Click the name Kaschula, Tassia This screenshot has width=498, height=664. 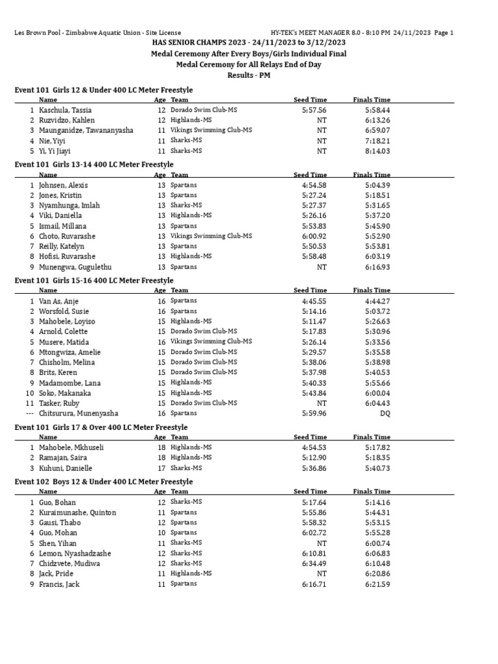point(65,110)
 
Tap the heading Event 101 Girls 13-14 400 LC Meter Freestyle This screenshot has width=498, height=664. point(94,165)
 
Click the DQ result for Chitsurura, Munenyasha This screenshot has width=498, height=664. point(385,413)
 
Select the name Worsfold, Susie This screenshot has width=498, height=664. point(64,311)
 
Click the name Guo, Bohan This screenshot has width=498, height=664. point(57,503)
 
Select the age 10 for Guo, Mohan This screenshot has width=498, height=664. point(161,533)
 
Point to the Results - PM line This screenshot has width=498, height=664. point(249,75)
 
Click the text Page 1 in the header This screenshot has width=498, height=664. point(443,32)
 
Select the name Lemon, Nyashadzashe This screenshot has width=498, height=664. point(75,553)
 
